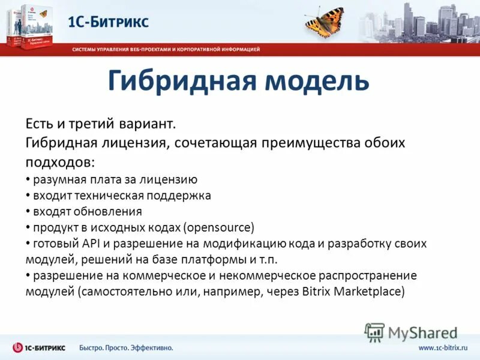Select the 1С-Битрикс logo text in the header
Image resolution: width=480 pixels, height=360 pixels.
click(108, 22)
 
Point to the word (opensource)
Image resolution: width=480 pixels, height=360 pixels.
click(219, 228)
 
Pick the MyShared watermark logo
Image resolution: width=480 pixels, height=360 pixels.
click(412, 332)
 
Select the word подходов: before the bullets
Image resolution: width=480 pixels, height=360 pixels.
click(59, 163)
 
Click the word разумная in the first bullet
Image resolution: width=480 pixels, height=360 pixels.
click(57, 179)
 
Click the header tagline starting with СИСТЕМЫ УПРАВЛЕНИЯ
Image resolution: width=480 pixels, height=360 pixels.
click(166, 49)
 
